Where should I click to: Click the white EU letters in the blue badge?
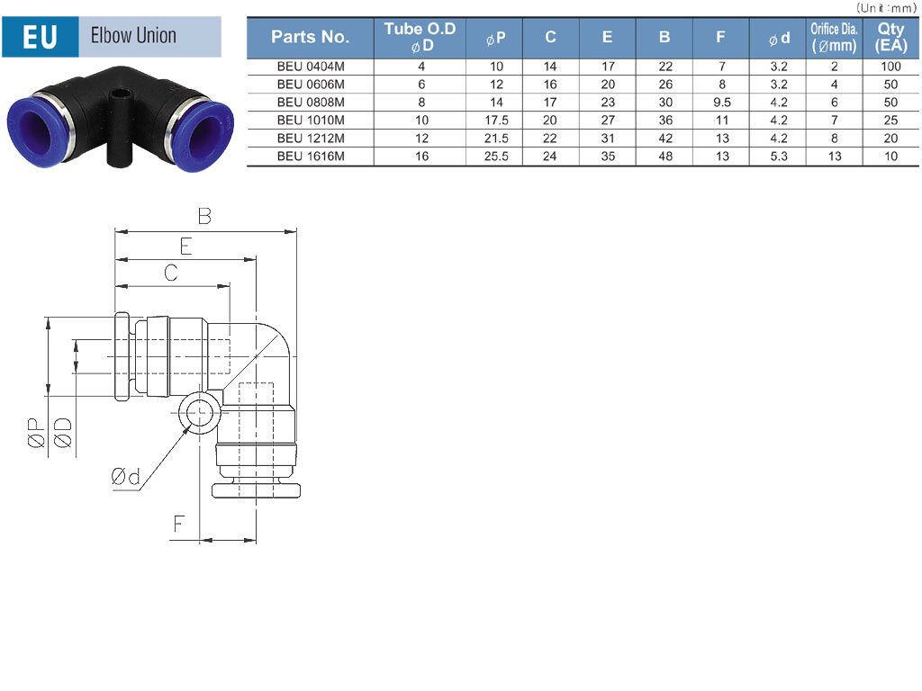coord(40,37)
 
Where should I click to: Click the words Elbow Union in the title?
coord(133,35)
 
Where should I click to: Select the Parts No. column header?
coord(311,37)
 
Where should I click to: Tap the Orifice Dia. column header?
coord(834,38)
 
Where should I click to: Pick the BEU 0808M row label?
coord(311,103)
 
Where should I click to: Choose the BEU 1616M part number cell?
coord(311,157)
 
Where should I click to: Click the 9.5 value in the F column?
coord(722,103)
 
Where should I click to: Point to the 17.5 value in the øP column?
coord(496,121)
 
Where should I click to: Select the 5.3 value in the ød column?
coord(779,157)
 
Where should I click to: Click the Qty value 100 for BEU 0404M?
coord(890,67)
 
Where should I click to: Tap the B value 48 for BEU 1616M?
coord(665,157)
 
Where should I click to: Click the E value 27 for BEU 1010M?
coord(608,121)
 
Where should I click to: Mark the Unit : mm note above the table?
coord(886,7)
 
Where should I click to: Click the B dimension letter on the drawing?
coord(204,216)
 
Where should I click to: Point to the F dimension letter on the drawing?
coord(178,523)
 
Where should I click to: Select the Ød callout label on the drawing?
coord(125,476)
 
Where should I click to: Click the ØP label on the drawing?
coord(36,433)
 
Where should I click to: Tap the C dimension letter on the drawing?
coord(170,273)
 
